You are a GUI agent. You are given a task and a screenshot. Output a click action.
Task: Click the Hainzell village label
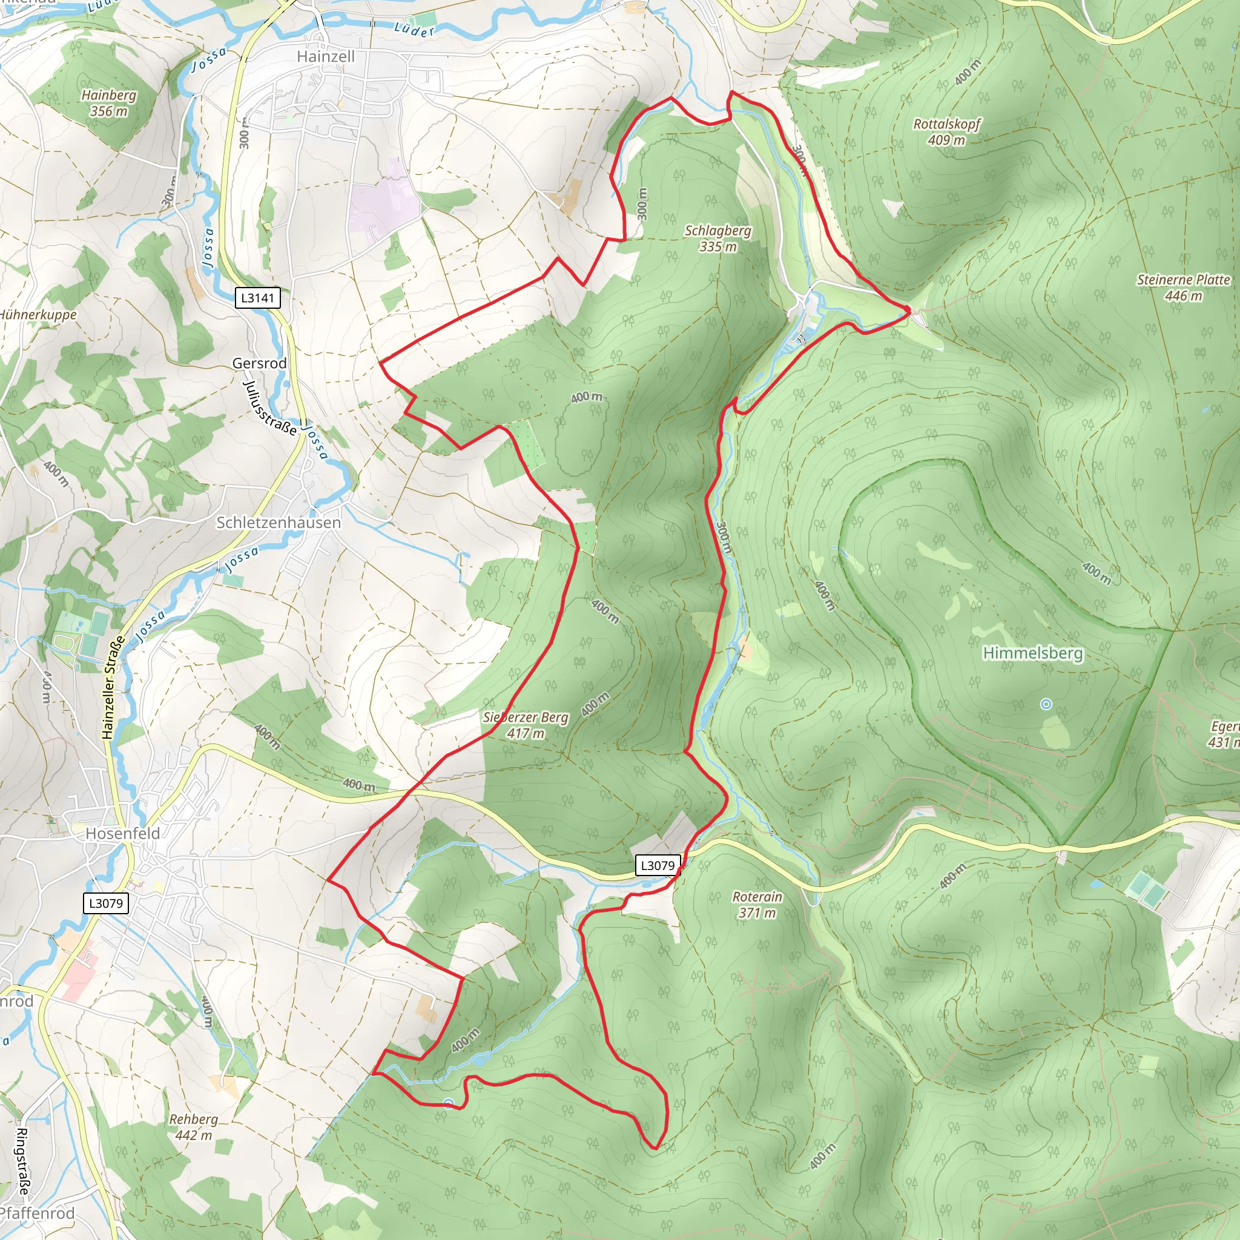[x=325, y=56]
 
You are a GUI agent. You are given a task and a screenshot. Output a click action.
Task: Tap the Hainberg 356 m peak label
[x=109, y=103]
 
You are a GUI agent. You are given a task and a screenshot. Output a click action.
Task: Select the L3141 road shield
[x=257, y=298]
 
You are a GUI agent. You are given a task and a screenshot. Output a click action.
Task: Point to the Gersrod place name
[x=259, y=363]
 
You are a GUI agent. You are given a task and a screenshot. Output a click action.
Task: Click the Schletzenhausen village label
[x=279, y=523]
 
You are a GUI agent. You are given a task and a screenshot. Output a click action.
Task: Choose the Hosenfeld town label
[x=122, y=833]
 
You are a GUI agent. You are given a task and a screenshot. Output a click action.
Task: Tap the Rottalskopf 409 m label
[x=947, y=131]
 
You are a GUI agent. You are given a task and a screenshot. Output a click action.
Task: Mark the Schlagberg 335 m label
[x=717, y=238]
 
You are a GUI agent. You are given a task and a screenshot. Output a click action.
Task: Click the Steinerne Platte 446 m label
[x=1184, y=288]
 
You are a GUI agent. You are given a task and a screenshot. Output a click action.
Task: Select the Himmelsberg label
[x=1033, y=653]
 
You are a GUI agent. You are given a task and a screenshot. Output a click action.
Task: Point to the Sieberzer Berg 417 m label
[x=526, y=725]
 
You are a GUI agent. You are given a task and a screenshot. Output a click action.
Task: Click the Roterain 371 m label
[x=757, y=905]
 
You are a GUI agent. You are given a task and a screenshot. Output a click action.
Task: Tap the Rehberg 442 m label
[x=193, y=1127]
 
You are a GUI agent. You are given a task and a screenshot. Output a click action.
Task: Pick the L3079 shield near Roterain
[x=658, y=865]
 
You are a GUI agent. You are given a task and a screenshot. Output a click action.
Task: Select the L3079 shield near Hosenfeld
[x=106, y=903]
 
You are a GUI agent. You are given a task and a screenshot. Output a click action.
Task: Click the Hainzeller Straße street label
[x=113, y=688]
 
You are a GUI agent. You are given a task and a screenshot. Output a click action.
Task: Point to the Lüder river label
[x=415, y=29]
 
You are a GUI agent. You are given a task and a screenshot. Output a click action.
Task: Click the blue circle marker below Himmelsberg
[x=1046, y=704]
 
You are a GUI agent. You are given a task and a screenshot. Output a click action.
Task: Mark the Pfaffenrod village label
[x=37, y=1213]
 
